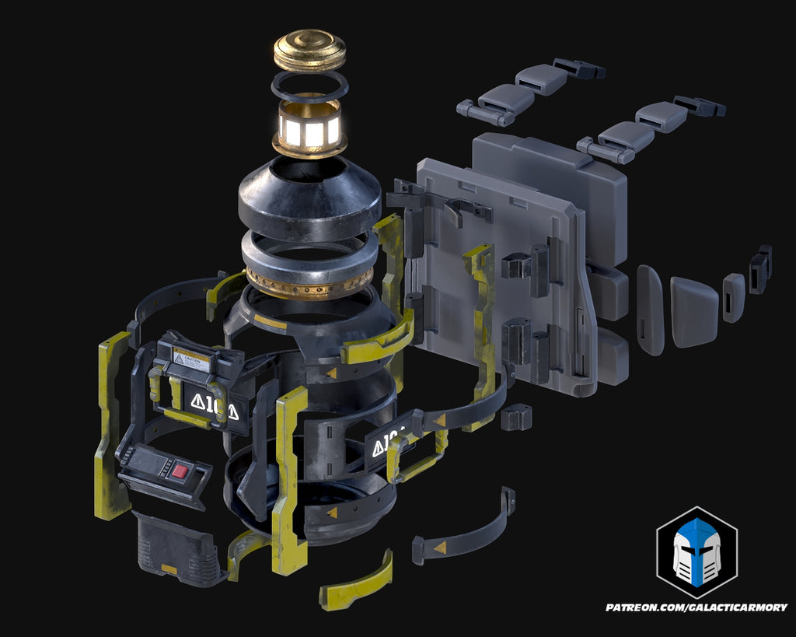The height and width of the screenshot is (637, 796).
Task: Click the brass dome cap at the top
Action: (x=309, y=49)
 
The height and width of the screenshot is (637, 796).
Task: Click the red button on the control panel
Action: (x=181, y=471)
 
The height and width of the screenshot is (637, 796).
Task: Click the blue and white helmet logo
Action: (x=696, y=552)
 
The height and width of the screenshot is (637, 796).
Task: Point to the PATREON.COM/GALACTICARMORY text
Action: (x=696, y=607)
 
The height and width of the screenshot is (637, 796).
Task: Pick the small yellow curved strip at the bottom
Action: (x=355, y=583)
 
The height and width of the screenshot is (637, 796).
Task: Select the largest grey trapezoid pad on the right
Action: (x=693, y=311)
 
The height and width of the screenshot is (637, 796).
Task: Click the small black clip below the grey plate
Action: (x=516, y=418)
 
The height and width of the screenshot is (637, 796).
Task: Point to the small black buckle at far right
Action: (x=760, y=268)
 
